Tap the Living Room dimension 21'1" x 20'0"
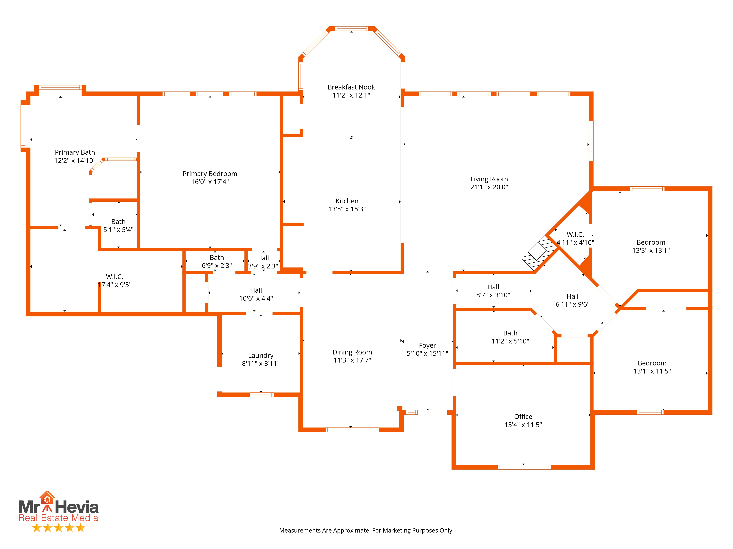click(489, 187)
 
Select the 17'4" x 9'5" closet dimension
click(115, 285)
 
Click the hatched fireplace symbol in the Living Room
click(539, 253)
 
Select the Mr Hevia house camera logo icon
click(47, 498)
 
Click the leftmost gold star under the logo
click(37, 527)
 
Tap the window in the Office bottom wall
click(524, 467)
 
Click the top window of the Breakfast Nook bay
click(352, 29)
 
